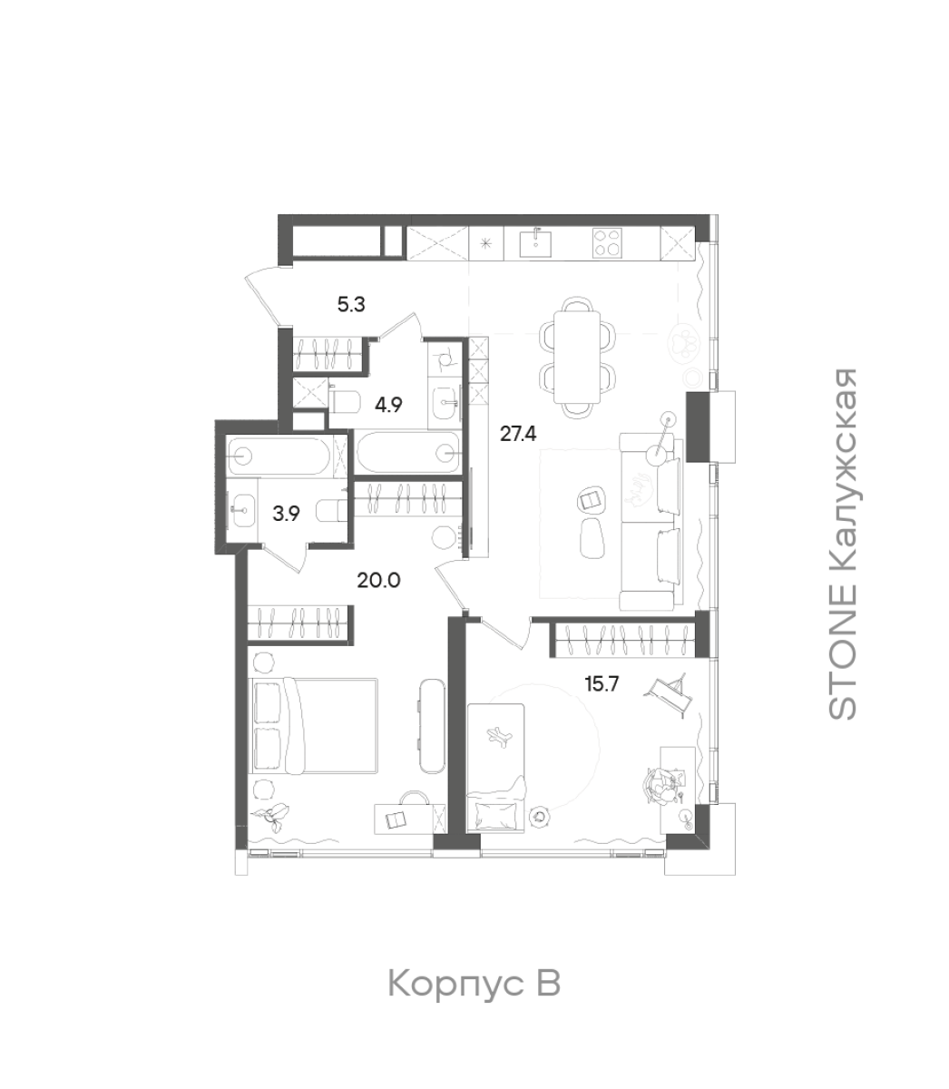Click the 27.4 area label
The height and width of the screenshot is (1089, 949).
tap(518, 434)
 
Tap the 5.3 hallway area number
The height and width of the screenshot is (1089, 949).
tap(351, 304)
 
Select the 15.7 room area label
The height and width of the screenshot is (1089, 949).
tap(602, 683)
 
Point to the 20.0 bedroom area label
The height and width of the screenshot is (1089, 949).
tap(378, 580)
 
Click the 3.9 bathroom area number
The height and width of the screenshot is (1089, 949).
tap(286, 514)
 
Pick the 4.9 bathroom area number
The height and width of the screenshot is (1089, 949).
tap(388, 405)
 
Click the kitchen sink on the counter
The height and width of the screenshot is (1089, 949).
tap(535, 242)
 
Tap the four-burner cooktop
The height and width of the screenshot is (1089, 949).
tap(607, 242)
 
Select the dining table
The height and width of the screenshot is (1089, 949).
tap(577, 357)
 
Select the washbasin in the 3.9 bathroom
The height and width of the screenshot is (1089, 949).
tap(242, 510)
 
